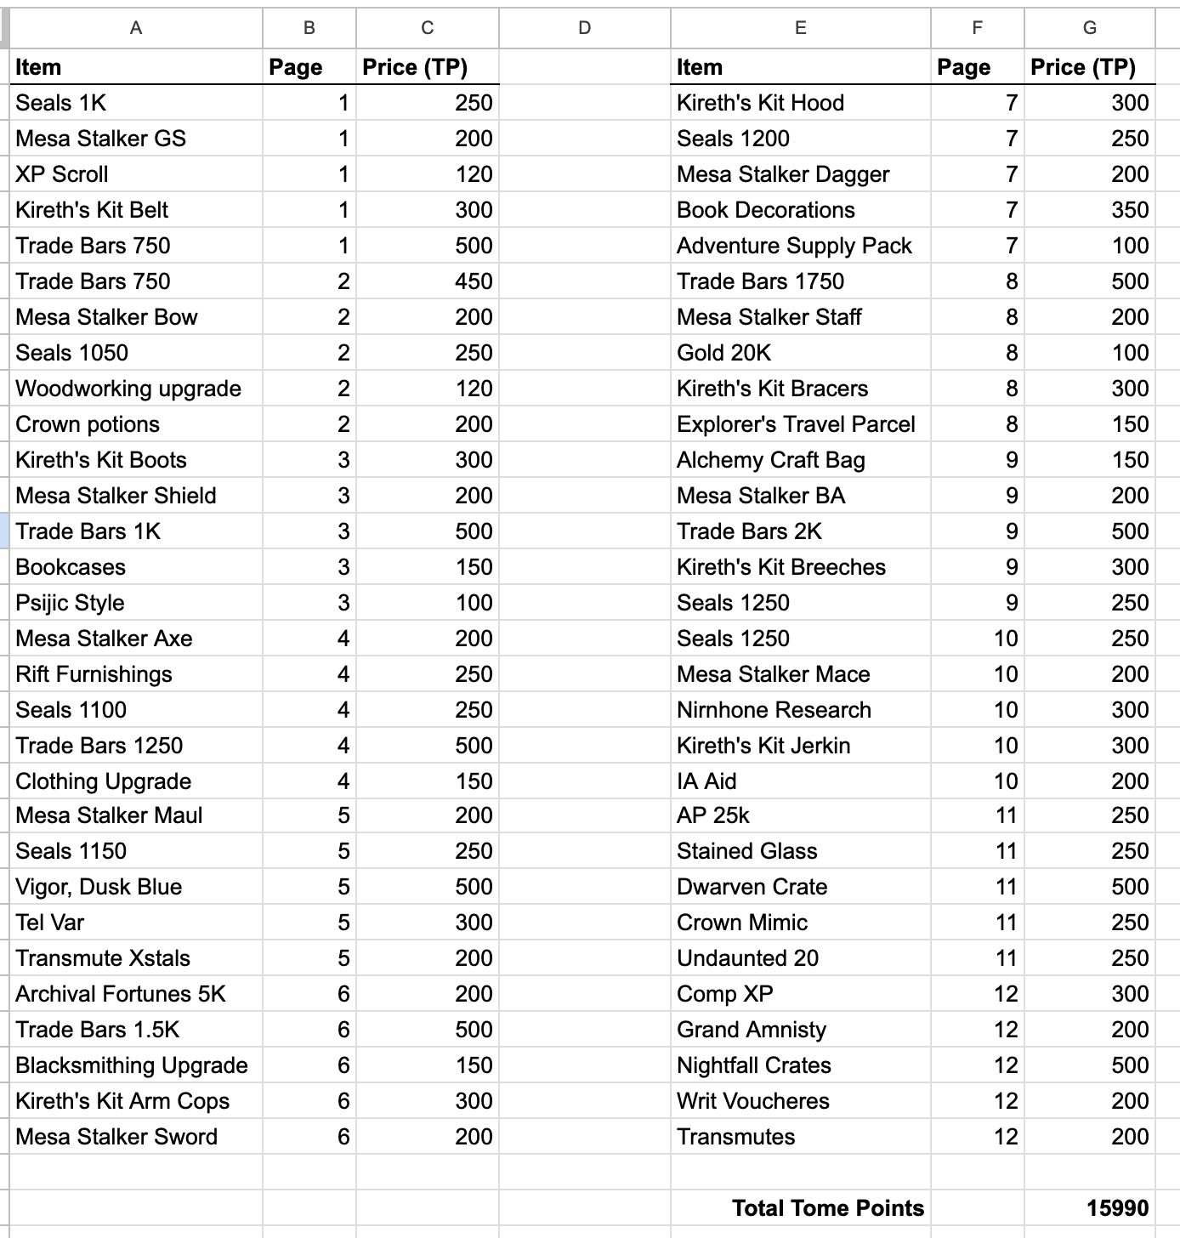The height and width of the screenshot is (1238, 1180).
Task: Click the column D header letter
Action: (x=584, y=28)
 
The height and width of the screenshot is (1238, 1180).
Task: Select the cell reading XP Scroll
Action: (x=62, y=174)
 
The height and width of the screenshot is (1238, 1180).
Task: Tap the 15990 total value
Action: (x=1117, y=1208)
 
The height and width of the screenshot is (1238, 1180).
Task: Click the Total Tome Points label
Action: (x=827, y=1208)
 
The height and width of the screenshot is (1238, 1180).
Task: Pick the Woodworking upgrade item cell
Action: (x=128, y=389)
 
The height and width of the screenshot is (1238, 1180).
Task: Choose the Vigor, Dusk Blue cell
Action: (x=99, y=887)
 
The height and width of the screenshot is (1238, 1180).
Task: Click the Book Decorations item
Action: (x=765, y=210)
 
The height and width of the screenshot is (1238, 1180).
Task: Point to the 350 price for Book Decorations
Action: (x=1129, y=210)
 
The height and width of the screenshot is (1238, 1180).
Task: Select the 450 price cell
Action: (x=473, y=281)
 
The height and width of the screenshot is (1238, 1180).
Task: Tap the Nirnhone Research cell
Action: (x=774, y=710)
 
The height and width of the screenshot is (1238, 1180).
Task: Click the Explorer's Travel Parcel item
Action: (x=796, y=424)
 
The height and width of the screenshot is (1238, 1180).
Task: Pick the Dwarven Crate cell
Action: (x=752, y=887)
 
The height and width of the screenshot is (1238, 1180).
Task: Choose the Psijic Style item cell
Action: (x=70, y=603)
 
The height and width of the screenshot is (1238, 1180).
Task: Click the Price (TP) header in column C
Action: (x=415, y=67)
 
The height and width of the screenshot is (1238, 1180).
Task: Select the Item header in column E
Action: (x=700, y=67)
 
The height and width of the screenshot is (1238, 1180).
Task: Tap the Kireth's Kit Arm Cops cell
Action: (x=122, y=1101)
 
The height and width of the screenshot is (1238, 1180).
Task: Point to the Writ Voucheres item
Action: (x=752, y=1101)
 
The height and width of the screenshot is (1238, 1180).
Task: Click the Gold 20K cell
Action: (x=723, y=353)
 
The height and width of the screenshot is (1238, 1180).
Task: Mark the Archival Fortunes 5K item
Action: (x=121, y=994)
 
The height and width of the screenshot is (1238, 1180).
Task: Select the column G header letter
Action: (x=1089, y=28)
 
